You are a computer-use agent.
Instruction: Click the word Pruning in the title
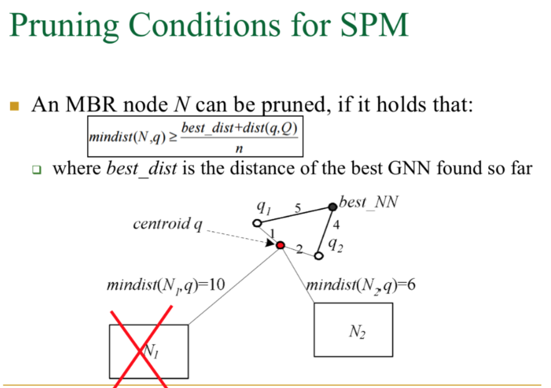67,26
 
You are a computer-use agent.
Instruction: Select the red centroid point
280,245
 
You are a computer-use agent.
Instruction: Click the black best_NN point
333,206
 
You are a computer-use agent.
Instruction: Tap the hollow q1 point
257,223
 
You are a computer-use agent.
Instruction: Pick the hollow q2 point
318,256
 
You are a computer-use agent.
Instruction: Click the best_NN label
368,203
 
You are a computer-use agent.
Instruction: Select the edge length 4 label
336,225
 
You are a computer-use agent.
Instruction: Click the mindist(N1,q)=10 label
165,285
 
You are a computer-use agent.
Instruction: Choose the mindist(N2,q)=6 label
361,285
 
